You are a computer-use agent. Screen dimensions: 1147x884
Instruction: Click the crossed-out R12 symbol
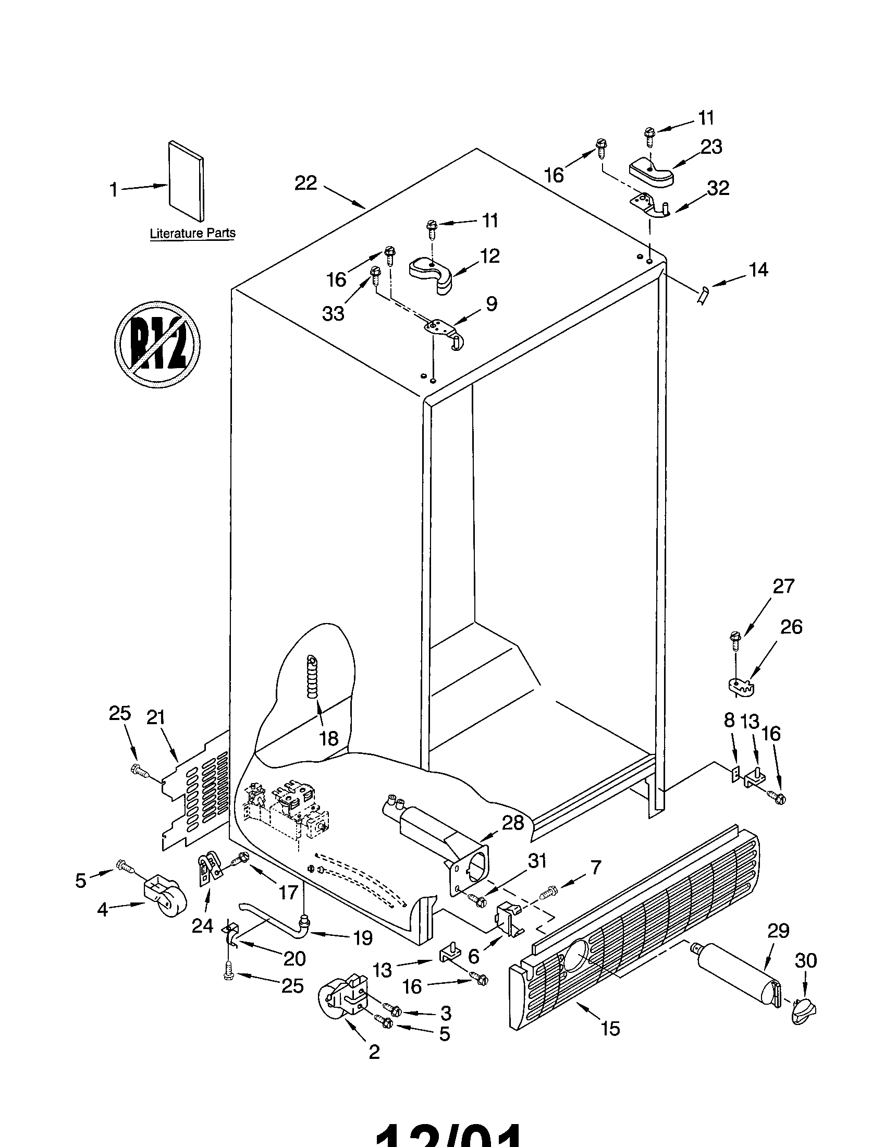157,345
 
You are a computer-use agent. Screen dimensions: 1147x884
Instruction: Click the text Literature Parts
192,233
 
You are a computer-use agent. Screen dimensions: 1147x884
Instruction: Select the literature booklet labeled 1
187,180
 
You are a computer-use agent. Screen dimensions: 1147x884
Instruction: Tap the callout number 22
305,184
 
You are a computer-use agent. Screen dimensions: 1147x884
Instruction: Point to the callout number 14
758,270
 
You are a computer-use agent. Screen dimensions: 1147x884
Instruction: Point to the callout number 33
333,313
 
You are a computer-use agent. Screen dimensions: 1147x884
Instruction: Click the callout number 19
363,937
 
